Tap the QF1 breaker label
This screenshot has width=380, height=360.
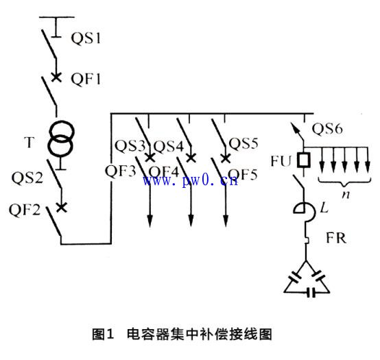point(86,79)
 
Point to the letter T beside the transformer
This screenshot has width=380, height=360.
point(29,143)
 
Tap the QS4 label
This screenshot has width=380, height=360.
point(168,146)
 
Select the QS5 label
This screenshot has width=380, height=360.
point(244,144)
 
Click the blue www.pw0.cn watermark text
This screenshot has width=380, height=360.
point(190,180)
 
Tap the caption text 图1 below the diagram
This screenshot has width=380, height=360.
point(102,335)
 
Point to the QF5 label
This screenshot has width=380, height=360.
point(243,175)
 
